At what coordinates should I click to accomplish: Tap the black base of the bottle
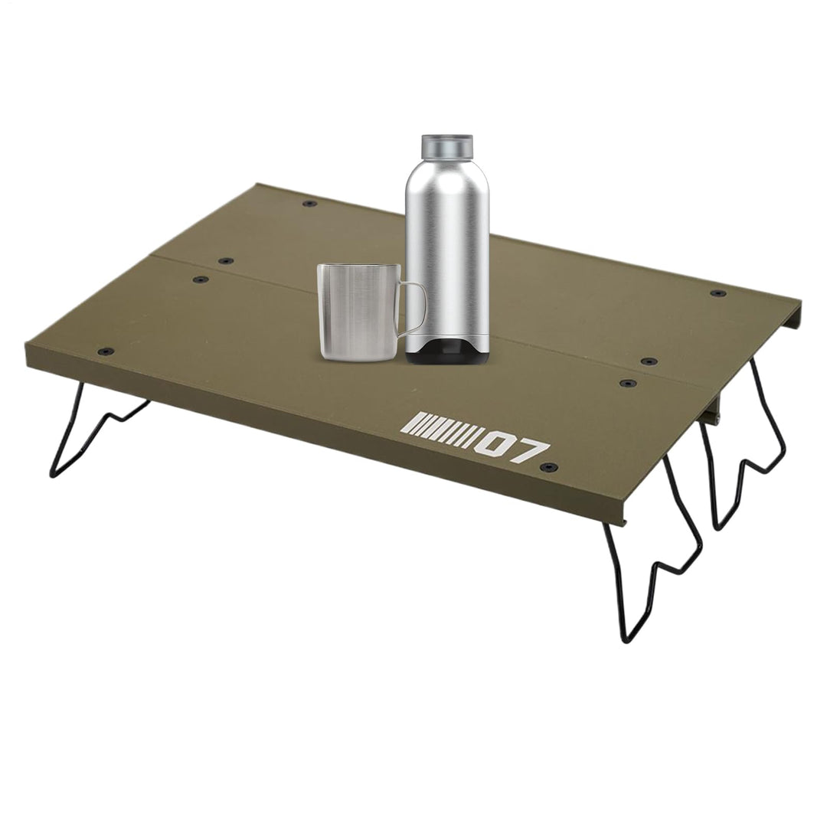(x=447, y=352)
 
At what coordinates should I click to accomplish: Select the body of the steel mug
(x=356, y=313)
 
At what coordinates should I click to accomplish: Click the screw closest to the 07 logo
(x=549, y=467)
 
